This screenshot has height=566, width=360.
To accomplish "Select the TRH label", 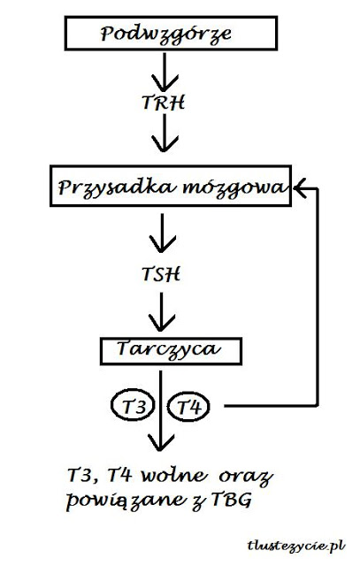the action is click(x=164, y=103).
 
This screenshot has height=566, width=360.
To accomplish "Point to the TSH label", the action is click(x=161, y=274).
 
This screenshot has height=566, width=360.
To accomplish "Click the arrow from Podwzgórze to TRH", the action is click(x=165, y=72).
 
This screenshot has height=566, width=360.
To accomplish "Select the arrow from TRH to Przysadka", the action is click(x=165, y=133).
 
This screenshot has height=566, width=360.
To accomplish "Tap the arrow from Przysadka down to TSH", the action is click(x=162, y=233).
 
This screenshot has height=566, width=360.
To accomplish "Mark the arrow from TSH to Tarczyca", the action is click(x=161, y=312).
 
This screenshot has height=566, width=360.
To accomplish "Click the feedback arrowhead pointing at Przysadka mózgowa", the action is click(x=301, y=188).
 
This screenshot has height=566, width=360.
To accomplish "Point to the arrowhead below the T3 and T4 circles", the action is click(x=161, y=442).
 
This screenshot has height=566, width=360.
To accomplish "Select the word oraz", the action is click(x=246, y=478).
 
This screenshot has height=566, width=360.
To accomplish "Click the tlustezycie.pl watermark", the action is click(x=296, y=545).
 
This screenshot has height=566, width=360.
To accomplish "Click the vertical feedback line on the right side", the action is click(x=318, y=297).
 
